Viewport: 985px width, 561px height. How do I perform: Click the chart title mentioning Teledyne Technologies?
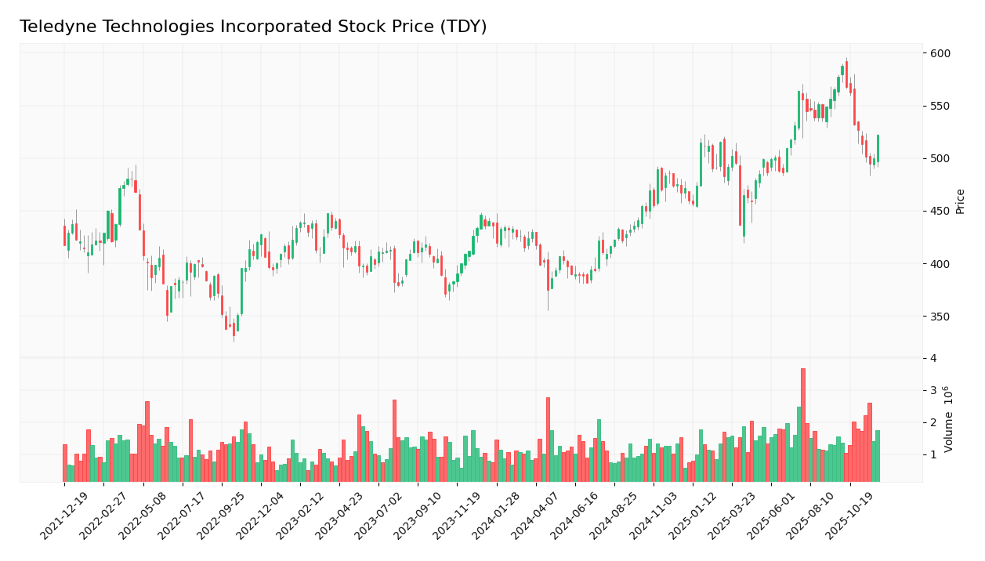click(253, 27)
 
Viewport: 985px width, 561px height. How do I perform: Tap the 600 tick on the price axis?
click(940, 53)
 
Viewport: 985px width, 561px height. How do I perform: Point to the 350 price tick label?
click(940, 317)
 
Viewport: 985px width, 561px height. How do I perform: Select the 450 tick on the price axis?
click(940, 212)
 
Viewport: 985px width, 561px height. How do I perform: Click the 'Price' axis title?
click(961, 201)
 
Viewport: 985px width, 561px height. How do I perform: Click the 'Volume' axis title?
click(949, 419)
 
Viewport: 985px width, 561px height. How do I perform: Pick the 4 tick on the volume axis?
click(932, 358)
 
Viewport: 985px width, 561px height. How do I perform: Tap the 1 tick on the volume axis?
click(932, 455)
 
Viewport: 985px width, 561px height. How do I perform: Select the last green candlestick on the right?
click(878, 148)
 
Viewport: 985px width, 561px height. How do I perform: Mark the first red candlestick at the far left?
click(64, 235)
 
